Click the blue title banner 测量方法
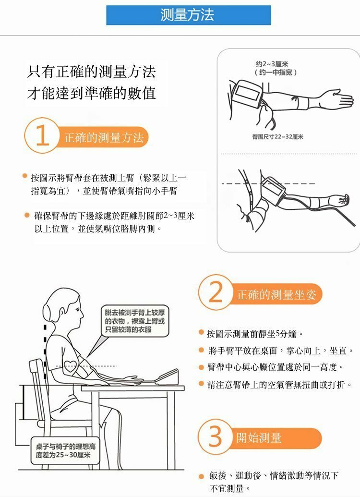click(x=189, y=15)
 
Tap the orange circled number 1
click(x=41, y=136)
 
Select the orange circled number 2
click(x=216, y=292)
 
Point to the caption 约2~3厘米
click(x=272, y=64)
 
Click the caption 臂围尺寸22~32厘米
click(x=277, y=137)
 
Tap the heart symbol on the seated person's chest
click(x=71, y=366)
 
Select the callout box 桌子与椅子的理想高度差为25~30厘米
click(x=65, y=451)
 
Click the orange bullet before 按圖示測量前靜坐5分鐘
click(x=201, y=332)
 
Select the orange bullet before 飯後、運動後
click(x=201, y=476)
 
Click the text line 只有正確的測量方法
click(x=91, y=72)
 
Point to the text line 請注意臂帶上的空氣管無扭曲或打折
click(x=279, y=385)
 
